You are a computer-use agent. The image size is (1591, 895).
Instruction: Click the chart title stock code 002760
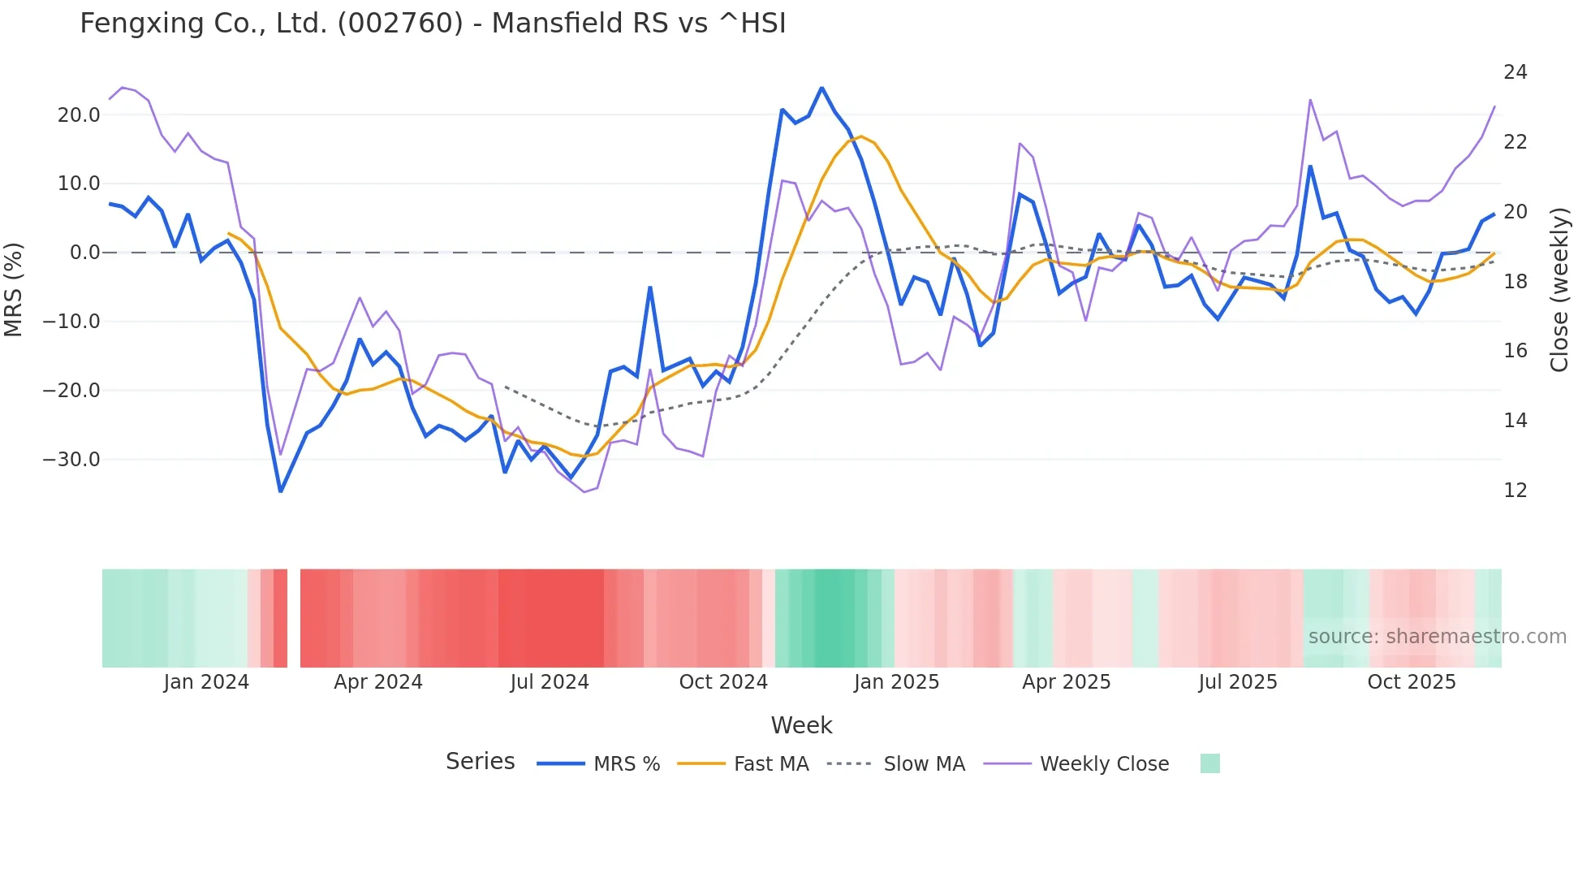(400, 24)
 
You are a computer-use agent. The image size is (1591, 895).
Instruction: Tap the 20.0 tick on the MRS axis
(79, 115)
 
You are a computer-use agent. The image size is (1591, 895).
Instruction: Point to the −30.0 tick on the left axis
(72, 460)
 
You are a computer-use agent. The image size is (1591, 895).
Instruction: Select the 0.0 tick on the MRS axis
(84, 253)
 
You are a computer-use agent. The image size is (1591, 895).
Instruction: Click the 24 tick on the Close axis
(1515, 72)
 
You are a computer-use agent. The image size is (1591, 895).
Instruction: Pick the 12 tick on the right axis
(1515, 491)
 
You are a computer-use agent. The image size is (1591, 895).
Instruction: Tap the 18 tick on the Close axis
(1515, 282)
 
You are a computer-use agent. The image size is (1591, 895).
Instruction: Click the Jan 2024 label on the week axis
(206, 682)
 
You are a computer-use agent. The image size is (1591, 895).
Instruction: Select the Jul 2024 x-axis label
(550, 682)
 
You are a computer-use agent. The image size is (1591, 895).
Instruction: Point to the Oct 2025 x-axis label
(1412, 682)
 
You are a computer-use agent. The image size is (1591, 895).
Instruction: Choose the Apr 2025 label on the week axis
(1066, 682)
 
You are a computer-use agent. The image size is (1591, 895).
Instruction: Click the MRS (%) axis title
(14, 289)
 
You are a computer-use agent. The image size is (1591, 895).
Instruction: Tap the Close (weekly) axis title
(1559, 289)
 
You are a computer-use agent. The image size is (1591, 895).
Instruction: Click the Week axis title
(801, 725)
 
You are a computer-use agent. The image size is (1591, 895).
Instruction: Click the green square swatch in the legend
(1209, 763)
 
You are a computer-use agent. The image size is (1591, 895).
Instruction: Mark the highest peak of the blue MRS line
(821, 88)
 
